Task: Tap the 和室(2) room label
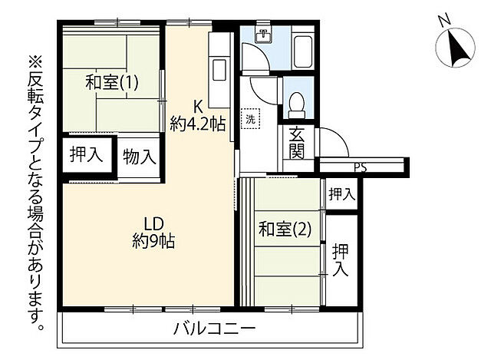point(284,229)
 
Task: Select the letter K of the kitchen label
point(197,106)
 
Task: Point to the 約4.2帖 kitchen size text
point(197,123)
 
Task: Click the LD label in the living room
point(153,224)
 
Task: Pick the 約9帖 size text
point(153,242)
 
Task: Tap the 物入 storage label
point(140,157)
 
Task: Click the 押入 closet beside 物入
point(87,154)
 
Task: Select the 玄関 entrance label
point(298,144)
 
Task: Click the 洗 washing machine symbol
point(251,119)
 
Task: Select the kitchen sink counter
point(217,69)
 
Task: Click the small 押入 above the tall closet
point(342,195)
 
